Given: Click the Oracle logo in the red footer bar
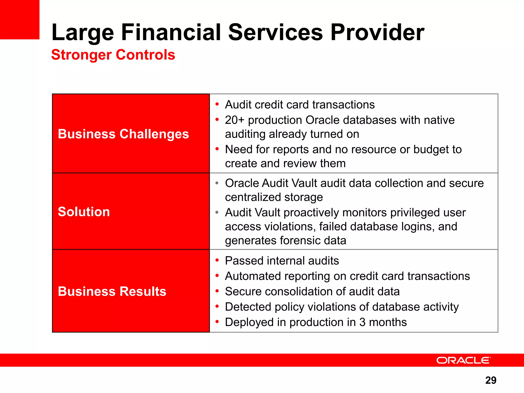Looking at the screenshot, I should (x=463, y=360).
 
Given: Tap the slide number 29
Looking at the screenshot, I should (x=490, y=380).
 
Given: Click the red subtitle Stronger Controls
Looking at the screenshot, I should (x=113, y=55).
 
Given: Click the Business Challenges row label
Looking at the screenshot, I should (x=123, y=134).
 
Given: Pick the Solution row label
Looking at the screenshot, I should (x=84, y=212).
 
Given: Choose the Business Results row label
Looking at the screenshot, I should (x=112, y=291).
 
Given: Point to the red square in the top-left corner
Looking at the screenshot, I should (x=19, y=19).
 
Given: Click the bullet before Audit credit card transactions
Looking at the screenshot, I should (x=217, y=104).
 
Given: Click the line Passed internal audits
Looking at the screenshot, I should (x=282, y=261).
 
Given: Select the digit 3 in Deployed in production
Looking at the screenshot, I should (x=362, y=322).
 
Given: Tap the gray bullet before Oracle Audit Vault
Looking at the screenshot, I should (x=217, y=183).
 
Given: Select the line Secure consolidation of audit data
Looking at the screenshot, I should (x=312, y=291).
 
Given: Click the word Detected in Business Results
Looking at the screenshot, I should (x=248, y=307).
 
